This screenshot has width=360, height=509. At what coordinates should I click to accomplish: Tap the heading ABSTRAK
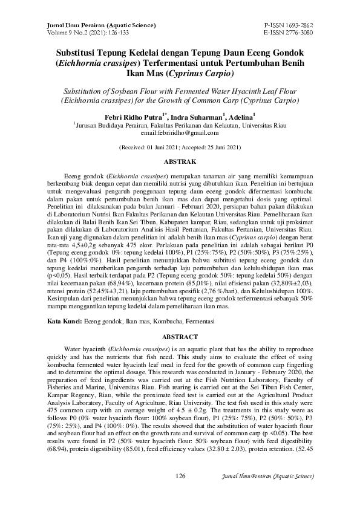180,163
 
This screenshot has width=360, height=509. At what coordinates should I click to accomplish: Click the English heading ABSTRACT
180,337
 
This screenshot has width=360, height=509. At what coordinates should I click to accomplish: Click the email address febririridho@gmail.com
180,132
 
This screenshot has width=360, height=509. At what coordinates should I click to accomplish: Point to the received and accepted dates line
180,147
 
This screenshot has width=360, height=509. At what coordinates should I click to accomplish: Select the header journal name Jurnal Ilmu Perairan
79,25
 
